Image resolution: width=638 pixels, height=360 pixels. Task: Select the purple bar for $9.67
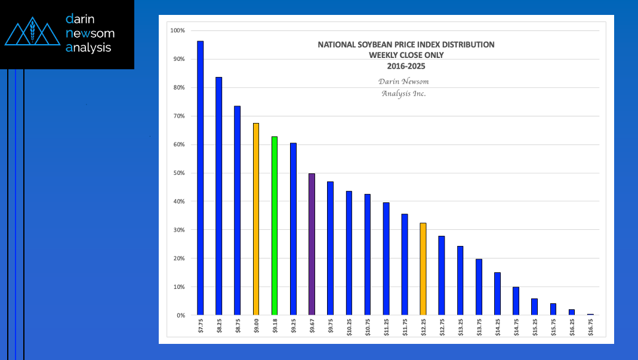[312, 244]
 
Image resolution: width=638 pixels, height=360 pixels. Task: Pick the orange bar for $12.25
[423, 269]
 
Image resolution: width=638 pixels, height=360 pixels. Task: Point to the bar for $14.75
[516, 301]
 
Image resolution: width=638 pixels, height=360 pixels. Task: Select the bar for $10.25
[349, 253]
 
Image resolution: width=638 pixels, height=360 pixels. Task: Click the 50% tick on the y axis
[178, 173]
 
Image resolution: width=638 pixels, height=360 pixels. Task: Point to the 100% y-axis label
[177, 30]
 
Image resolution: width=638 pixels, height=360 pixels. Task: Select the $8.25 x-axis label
[219, 329]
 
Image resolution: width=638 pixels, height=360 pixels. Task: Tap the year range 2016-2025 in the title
[406, 66]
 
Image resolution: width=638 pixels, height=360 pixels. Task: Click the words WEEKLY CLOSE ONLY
[406, 55]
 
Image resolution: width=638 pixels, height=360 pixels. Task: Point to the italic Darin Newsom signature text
[403, 81]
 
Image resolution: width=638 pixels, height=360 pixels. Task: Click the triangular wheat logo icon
[32, 33]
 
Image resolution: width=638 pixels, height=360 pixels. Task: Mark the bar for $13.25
[460, 281]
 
